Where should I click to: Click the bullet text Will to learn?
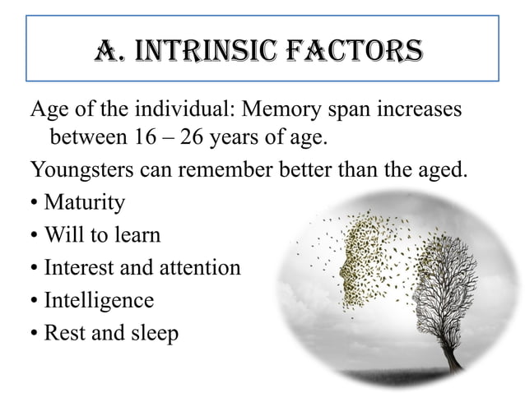(x=102, y=236)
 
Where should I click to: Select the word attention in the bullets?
(x=202, y=268)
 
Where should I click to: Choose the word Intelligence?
(x=98, y=301)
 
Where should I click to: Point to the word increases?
(x=417, y=109)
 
